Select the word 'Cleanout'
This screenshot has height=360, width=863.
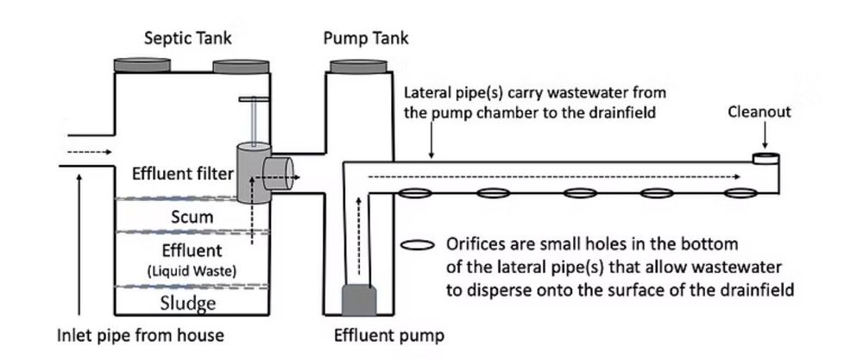[x=759, y=112]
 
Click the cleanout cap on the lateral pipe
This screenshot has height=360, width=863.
[x=765, y=158]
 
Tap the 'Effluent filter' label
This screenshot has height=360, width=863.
[x=182, y=174]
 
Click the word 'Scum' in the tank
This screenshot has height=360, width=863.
[x=192, y=216]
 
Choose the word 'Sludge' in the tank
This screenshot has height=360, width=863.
[x=188, y=303]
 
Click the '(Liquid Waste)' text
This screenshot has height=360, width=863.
[x=192, y=271]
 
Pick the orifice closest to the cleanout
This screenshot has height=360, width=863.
[x=740, y=193]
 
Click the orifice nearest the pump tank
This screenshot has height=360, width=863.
[x=412, y=193]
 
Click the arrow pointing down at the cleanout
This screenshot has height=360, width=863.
[x=765, y=136]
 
